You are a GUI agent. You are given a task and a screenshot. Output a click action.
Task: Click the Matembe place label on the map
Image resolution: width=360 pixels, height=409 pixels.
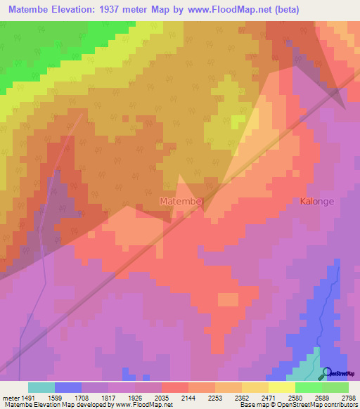[181, 202]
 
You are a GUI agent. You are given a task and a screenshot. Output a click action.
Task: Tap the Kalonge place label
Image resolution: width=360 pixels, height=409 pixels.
[317, 201]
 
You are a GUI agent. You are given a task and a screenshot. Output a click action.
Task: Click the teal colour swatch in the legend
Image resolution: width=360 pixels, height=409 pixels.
[41, 387]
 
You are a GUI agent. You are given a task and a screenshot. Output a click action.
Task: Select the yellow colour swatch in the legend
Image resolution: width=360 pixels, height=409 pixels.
[281, 387]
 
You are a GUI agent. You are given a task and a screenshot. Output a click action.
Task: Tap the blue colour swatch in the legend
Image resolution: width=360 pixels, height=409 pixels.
[67, 387]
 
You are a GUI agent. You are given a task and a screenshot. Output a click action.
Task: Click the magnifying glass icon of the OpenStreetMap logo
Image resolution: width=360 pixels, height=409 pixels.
[326, 372]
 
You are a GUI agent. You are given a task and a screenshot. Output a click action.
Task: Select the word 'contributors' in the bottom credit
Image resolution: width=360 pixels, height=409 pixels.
[340, 405]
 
